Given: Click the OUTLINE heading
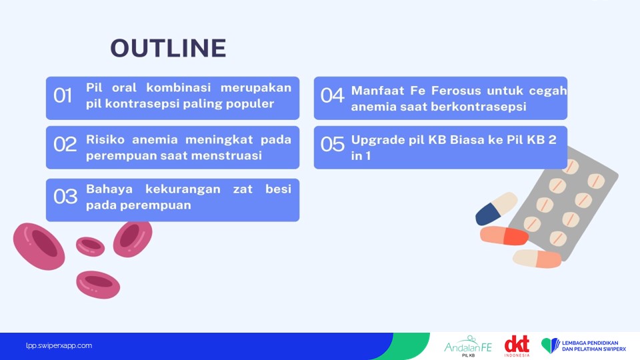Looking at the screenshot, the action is [x=168, y=48].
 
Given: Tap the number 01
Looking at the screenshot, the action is [x=63, y=95].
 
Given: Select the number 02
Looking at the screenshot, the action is [x=65, y=145].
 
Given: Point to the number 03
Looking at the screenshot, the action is [x=65, y=197].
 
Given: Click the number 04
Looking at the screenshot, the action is [x=332, y=95].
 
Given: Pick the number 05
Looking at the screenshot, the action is [x=332, y=145].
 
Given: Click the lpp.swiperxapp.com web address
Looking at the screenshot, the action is [x=59, y=346].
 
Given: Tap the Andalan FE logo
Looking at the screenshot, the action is [x=468, y=347].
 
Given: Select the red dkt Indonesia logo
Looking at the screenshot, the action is [x=517, y=346].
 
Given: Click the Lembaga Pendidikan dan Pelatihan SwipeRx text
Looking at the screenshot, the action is [x=594, y=346].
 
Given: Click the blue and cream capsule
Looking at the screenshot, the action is [x=496, y=209].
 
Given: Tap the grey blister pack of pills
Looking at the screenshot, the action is [x=567, y=203].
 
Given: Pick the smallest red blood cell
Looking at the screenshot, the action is [x=90, y=247].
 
